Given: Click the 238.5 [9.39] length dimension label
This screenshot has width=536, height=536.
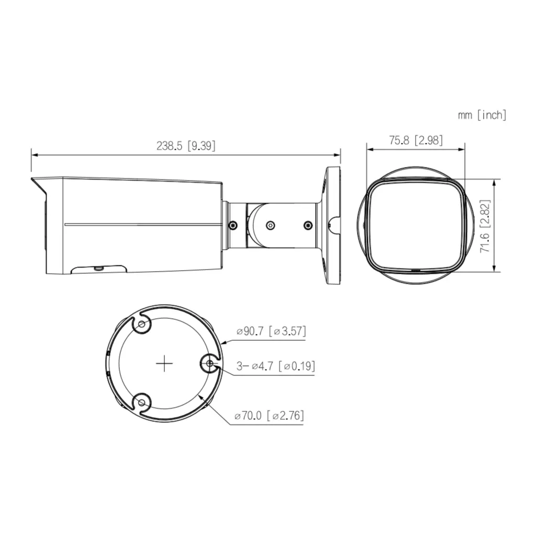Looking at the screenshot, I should coord(186,146).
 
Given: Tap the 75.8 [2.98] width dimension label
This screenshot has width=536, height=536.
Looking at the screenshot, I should coord(416,140).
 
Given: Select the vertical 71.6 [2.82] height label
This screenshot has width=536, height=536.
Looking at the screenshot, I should coord(486,226).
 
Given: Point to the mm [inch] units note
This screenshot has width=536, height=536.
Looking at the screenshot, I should coord(482,115).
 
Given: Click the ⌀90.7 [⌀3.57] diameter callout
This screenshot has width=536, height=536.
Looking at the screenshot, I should coord(271,331).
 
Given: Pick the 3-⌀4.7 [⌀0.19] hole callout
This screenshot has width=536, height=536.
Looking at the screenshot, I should coord(275,366).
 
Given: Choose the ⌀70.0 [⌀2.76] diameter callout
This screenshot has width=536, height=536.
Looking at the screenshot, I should coord(269,416).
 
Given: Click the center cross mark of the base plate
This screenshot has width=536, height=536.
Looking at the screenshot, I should coord(165,363).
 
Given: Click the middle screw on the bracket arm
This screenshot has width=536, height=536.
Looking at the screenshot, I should coord(270,225).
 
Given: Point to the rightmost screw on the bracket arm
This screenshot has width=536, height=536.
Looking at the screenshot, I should coord(308,225).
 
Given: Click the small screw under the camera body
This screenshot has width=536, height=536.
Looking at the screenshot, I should coord(98,269).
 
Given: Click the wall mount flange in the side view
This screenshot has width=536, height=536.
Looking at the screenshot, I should coord(333,225).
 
